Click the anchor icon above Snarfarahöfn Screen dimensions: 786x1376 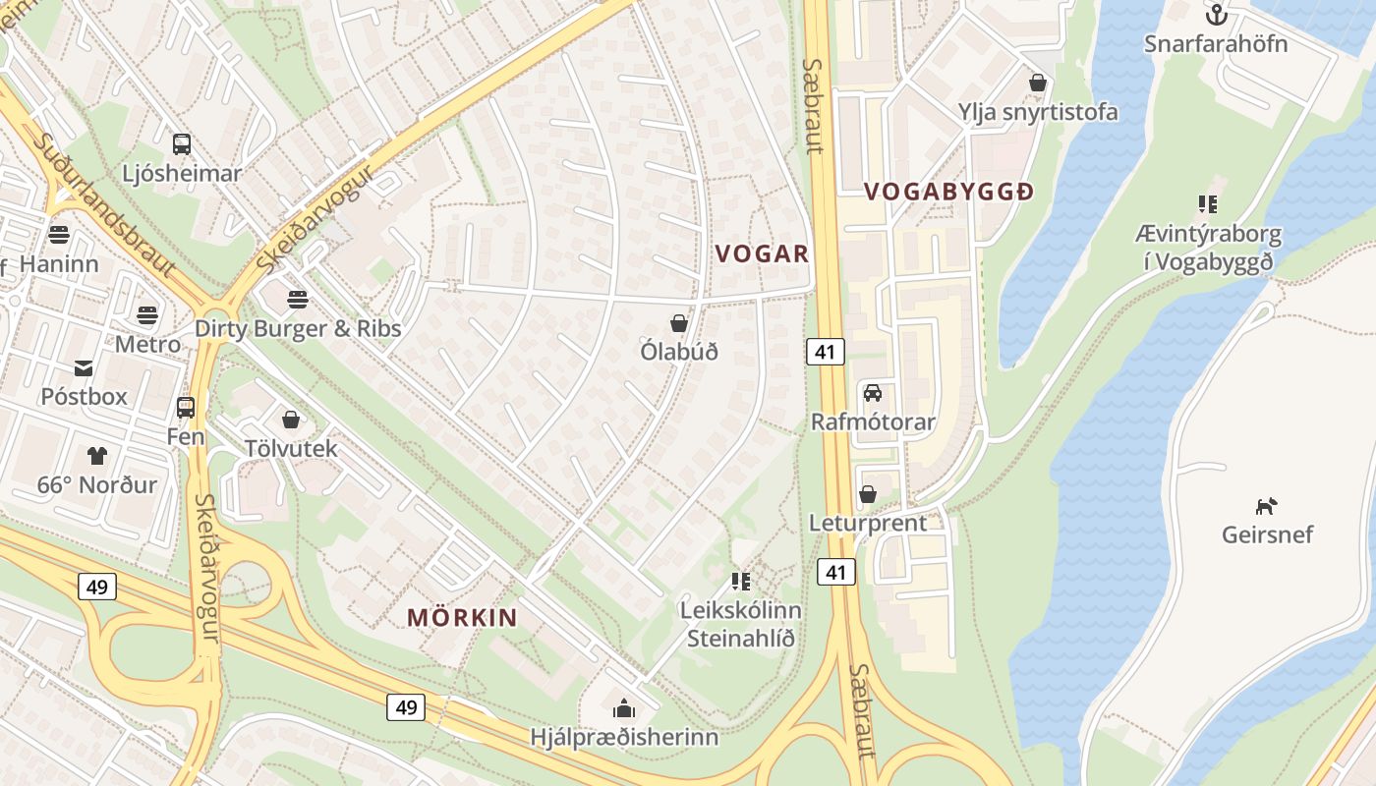coord(1217,15)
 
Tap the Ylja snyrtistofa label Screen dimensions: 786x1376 coord(1038,112)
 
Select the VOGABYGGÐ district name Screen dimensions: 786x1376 coord(948,193)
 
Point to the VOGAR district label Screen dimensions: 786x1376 coord(762,254)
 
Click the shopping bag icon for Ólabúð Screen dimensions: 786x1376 coord(678,322)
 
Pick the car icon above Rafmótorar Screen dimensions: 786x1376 coord(872,393)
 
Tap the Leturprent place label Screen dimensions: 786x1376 coord(867,523)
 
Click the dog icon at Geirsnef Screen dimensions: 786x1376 coord(1267,506)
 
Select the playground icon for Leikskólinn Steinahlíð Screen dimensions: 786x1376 coord(741,582)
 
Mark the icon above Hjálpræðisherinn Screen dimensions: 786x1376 coord(623,708)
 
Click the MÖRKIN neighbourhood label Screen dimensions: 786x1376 coord(462,618)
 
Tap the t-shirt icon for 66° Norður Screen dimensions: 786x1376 coord(96,456)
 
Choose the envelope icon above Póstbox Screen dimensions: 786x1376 coord(84,368)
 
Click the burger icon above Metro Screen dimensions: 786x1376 coord(147,315)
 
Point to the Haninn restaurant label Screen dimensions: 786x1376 coord(59,264)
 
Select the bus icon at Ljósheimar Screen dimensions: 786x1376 coord(182,144)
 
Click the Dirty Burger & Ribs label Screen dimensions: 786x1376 coord(298,328)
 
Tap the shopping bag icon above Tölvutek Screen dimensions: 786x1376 coord(290,420)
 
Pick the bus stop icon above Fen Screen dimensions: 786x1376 coord(185,407)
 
